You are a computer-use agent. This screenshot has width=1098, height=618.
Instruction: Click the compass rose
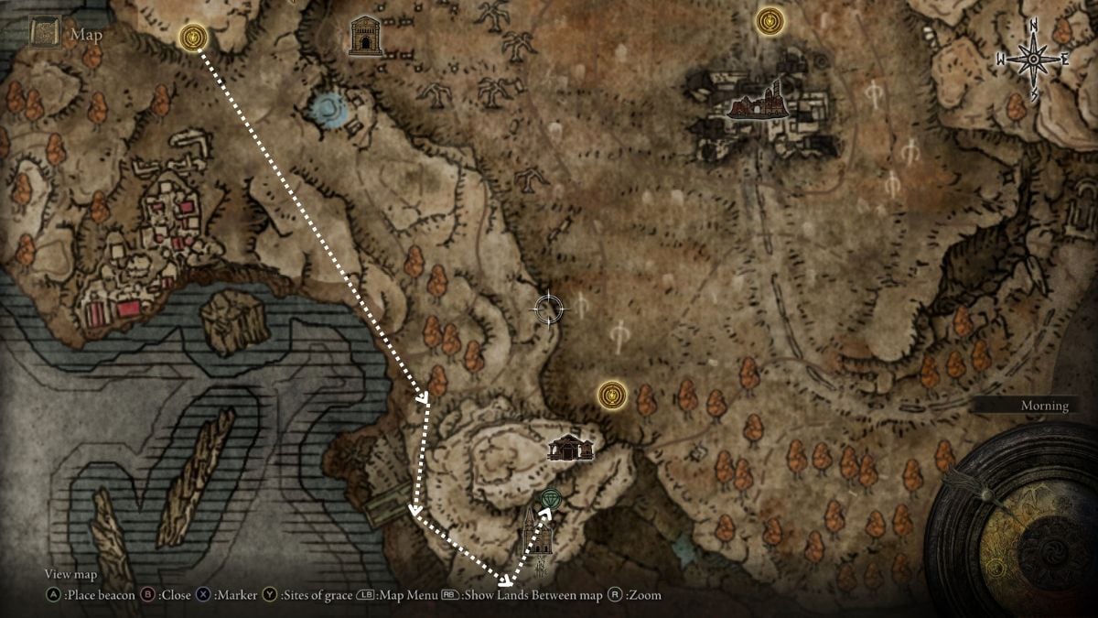(x=1033, y=60)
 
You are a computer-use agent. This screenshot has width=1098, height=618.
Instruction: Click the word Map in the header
(x=88, y=36)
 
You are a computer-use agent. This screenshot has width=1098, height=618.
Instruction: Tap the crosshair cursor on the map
(x=549, y=309)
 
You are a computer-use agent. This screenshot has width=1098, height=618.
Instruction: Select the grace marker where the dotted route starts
(x=193, y=38)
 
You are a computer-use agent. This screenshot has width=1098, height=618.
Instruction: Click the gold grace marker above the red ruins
(x=770, y=19)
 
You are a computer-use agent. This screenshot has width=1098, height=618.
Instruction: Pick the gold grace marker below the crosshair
(x=610, y=396)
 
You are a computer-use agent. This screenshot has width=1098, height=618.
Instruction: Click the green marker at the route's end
(x=549, y=498)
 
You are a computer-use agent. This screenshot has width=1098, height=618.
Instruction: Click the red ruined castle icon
(x=758, y=101)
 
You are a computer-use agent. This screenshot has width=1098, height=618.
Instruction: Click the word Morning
(x=1044, y=406)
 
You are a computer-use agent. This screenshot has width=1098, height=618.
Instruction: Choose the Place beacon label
(x=102, y=595)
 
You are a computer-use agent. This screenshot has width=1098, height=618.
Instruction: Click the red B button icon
(x=145, y=595)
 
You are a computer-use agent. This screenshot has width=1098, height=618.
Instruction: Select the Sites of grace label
(x=318, y=595)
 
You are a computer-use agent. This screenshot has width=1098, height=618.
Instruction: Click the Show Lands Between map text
(x=533, y=595)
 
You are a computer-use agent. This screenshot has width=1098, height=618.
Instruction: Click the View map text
(x=70, y=574)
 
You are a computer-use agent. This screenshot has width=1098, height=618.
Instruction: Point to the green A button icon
(x=53, y=595)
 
